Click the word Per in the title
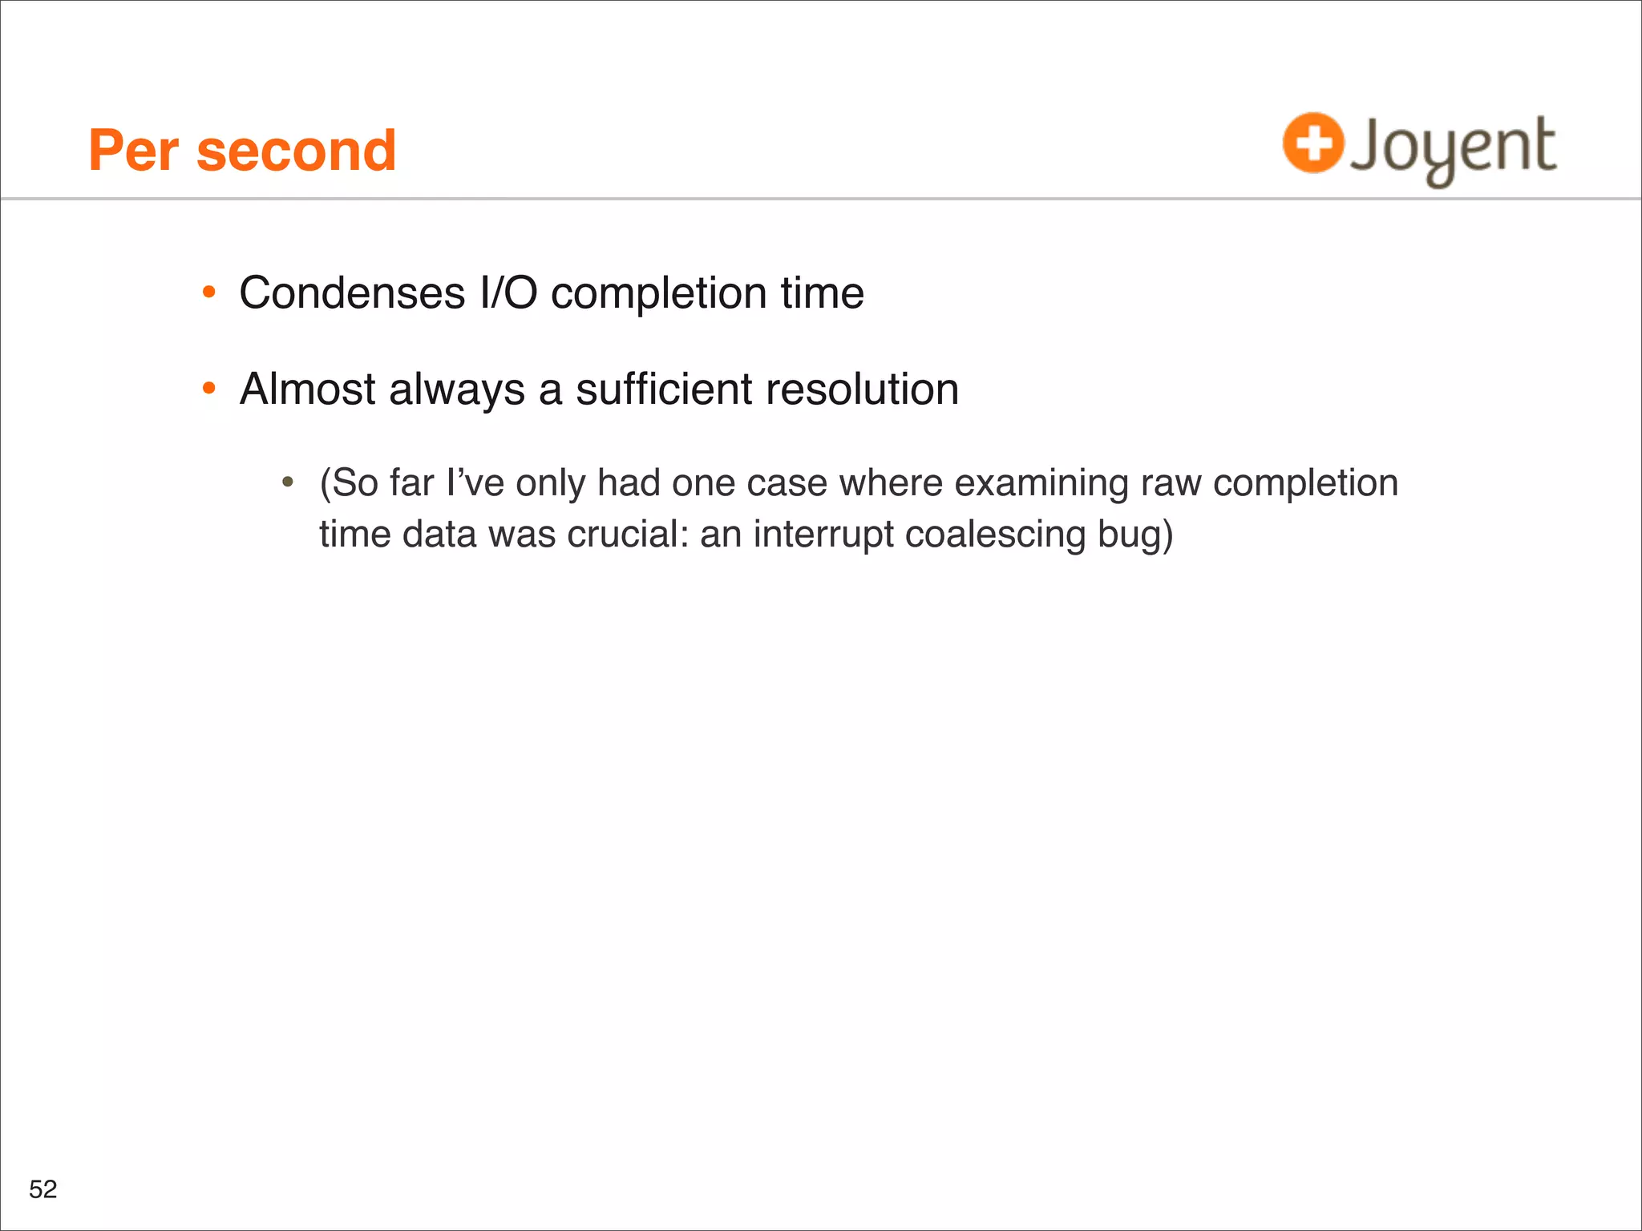coord(133,151)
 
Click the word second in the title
coord(296,151)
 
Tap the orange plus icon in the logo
coord(1312,143)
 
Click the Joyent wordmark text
coord(1453,149)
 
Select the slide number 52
coord(43,1189)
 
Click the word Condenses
coord(352,293)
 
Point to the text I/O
coord(508,293)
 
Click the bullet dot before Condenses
coord(209,293)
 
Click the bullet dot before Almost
coord(209,389)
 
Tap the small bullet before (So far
coord(288,483)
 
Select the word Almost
coord(307,389)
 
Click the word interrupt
coord(823,535)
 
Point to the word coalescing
coord(995,535)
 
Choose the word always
coord(457,389)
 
